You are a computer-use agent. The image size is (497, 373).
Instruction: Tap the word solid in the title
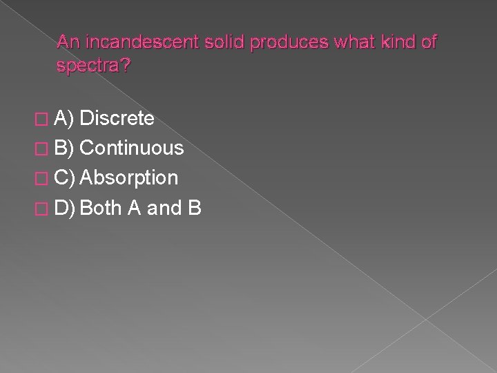[225, 42]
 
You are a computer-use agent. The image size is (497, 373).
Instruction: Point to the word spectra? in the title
[88, 67]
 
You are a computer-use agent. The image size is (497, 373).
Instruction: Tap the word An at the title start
[67, 42]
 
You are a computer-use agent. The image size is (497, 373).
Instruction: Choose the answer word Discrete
[117, 119]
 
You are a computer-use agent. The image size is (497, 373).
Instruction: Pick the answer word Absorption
[130, 178]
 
